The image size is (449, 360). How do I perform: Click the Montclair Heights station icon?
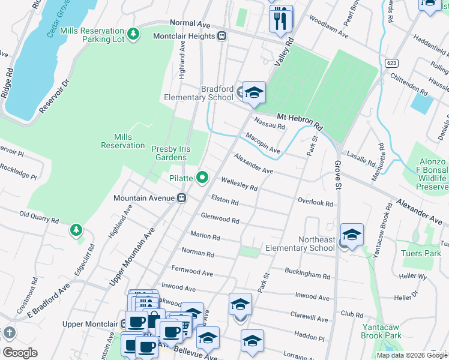coord(222,36)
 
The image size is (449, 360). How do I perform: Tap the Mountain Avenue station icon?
coord(181,197)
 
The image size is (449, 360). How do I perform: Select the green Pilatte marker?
coord(202,177)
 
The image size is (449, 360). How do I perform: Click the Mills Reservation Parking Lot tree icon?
coord(134,32)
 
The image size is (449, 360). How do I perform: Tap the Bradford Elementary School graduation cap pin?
coord(254,92)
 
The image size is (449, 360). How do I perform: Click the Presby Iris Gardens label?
coord(177,153)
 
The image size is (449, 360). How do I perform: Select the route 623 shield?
coord(392,62)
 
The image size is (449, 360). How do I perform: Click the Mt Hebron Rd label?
coord(300,122)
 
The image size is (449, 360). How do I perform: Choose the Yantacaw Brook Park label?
coord(382,331)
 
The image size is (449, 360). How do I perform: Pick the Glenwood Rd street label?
coord(220,218)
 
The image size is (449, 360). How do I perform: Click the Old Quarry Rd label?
coord(39,217)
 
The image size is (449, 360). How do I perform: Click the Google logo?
coord(20,352)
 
